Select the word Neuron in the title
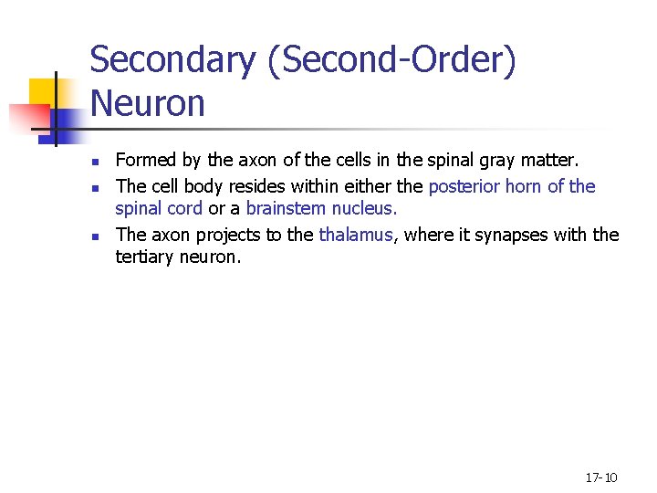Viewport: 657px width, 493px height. [x=148, y=104]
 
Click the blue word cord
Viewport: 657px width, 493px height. [x=184, y=208]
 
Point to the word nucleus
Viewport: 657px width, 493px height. [x=367, y=208]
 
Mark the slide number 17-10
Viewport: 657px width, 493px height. [x=600, y=477]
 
